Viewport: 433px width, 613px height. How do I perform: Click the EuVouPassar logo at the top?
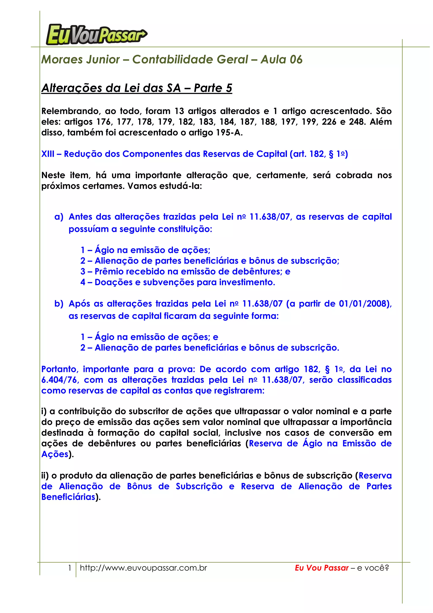(96, 34)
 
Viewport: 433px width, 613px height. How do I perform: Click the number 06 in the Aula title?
(296, 59)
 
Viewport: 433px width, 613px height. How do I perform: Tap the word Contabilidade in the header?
(190, 59)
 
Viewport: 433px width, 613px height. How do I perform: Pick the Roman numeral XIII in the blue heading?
(48, 154)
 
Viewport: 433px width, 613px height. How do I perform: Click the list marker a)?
(59, 217)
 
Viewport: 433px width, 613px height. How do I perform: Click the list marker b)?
(59, 304)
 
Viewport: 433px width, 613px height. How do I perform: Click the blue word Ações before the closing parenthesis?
(55, 454)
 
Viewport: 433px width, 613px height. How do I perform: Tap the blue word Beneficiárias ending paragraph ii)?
(68, 497)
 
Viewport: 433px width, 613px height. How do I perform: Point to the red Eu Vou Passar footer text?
(322, 568)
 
